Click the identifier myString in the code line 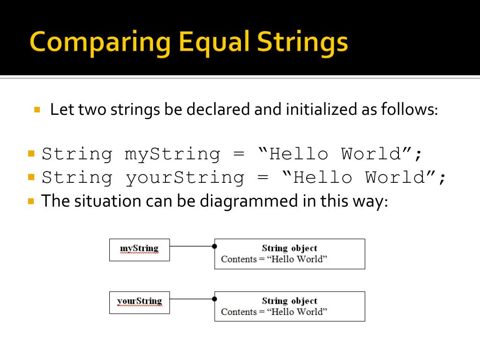tap(172, 154)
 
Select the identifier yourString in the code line tap(185, 177)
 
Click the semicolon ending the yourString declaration tap(441, 178)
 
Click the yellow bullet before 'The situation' tap(31, 201)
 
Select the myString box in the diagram tap(139, 249)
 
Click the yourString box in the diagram tap(139, 302)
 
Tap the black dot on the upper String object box tap(215, 246)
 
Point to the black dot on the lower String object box tap(215, 299)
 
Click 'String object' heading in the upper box tap(289, 248)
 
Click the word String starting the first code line tap(77, 154)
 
